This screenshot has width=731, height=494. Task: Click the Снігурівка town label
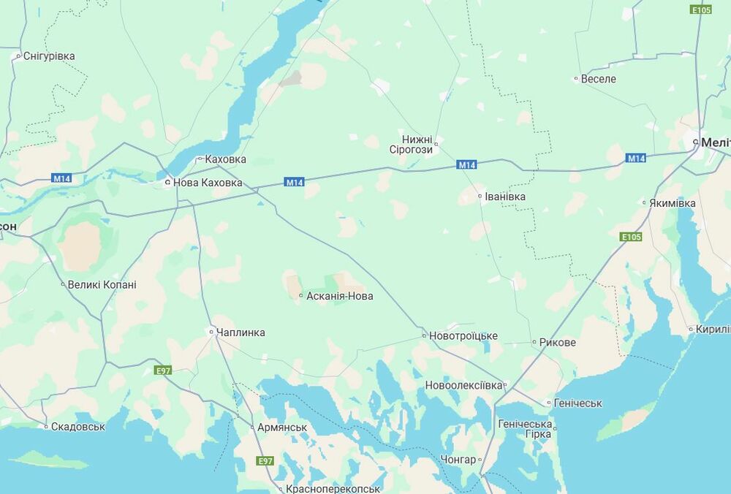tap(49, 56)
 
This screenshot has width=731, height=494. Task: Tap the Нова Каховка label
tap(208, 183)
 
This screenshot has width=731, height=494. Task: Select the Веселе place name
tap(598, 79)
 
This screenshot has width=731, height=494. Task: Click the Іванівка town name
tap(505, 197)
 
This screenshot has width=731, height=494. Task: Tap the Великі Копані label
tap(102, 285)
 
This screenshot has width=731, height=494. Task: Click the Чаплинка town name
tap(241, 332)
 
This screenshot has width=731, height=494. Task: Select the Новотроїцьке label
tap(463, 336)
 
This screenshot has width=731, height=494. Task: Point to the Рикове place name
tap(557, 343)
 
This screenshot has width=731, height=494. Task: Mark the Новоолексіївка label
tap(464, 385)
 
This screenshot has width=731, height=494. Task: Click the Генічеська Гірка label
tap(524, 429)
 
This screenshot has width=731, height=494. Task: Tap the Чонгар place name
tap(458, 460)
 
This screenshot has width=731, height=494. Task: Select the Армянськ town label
tap(281, 427)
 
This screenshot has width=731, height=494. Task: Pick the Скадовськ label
tap(78, 426)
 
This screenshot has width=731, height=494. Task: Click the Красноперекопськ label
tap(333, 489)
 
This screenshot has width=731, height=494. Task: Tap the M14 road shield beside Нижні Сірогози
tap(467, 165)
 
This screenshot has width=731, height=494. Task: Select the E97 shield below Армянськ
tap(265, 461)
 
